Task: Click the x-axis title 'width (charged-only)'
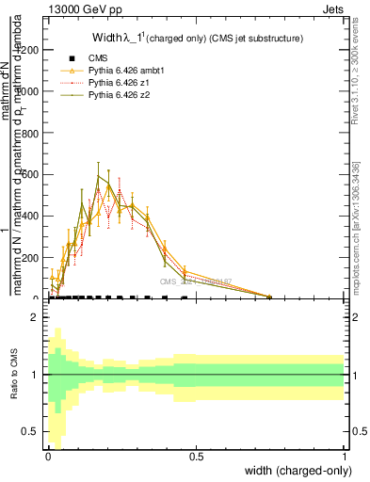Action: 297,471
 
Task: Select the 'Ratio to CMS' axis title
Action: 12,375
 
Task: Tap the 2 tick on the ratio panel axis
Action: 37,317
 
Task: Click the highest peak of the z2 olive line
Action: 98,175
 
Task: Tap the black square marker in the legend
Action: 72,58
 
